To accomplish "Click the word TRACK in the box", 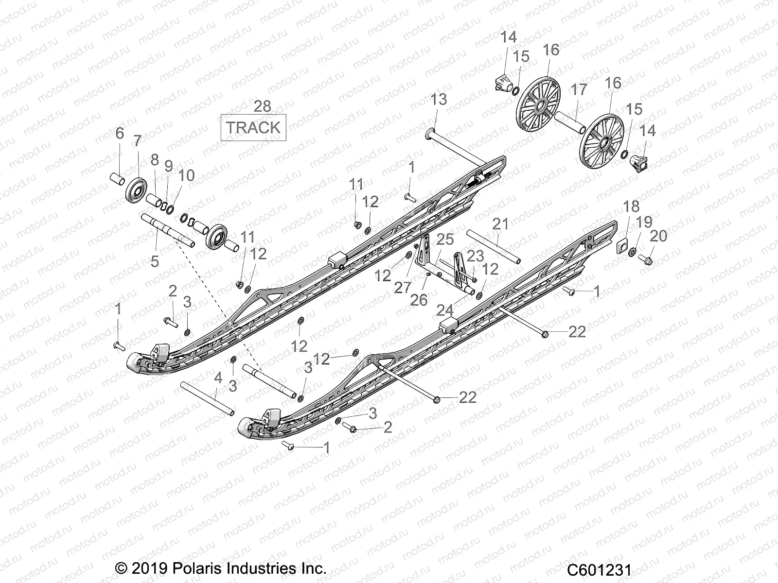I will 253,128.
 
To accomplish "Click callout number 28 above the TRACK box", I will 263,106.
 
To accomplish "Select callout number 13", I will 439,100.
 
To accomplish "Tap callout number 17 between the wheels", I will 579,90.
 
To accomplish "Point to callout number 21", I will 500,224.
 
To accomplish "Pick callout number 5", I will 155,261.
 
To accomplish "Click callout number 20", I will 658,236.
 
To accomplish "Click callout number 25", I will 445,239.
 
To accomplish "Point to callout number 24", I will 444,309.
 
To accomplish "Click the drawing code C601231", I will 599,569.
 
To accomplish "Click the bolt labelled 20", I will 646,260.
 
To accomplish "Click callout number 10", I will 187,175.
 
